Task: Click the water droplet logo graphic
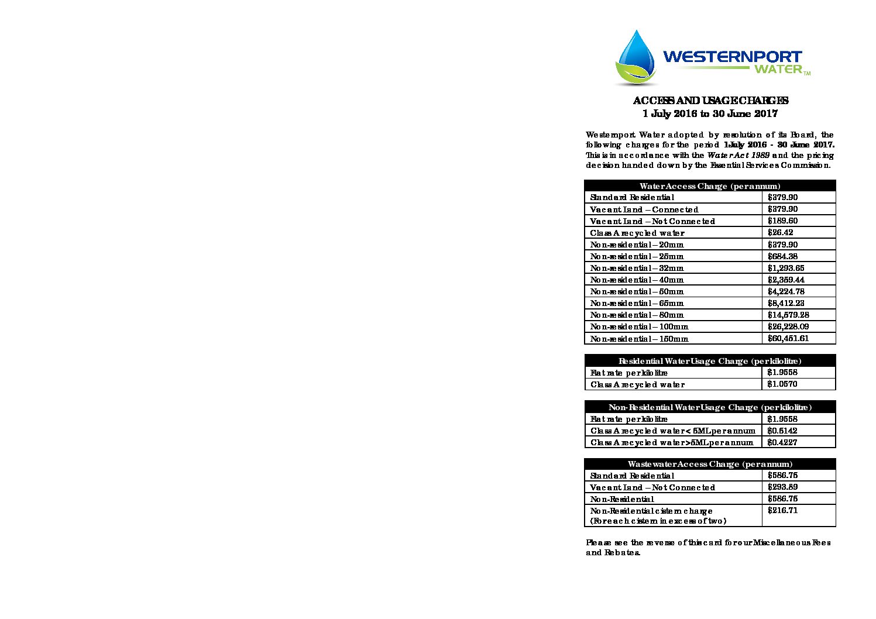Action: (x=635, y=57)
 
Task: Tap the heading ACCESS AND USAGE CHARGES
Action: (x=710, y=101)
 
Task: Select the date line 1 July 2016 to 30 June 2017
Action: (x=710, y=114)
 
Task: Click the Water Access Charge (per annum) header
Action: (x=710, y=186)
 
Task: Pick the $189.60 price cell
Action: (x=782, y=221)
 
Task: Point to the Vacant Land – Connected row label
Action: (x=644, y=209)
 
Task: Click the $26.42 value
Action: (x=780, y=233)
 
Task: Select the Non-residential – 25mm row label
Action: (x=637, y=256)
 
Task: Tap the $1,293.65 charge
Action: (x=786, y=268)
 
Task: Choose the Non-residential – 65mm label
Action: (x=637, y=303)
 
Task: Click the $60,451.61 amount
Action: (x=788, y=338)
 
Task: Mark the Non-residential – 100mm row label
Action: (x=639, y=326)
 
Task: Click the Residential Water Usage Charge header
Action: (x=710, y=361)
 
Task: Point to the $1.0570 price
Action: (x=782, y=384)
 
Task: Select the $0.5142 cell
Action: (x=782, y=431)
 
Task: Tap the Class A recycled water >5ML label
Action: (x=672, y=442)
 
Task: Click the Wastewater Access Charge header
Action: (x=710, y=464)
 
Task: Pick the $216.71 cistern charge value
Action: (x=782, y=511)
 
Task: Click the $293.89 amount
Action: (x=782, y=487)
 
